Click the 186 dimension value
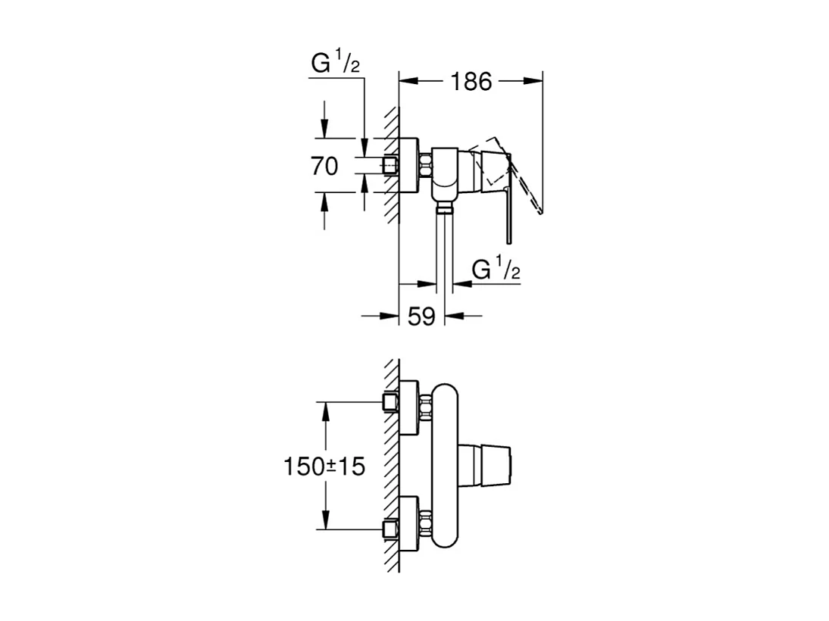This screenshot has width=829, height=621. tap(471, 81)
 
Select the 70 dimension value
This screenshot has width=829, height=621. tap(325, 165)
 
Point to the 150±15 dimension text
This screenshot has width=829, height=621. tap(325, 467)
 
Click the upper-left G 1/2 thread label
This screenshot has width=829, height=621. tap(334, 65)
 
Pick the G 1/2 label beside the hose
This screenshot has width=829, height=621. tap(496, 269)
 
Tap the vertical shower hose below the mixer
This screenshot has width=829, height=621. tap(444, 250)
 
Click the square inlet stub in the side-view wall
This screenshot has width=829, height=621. tap(391, 165)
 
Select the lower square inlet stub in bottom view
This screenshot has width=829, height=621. tap(391, 529)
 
